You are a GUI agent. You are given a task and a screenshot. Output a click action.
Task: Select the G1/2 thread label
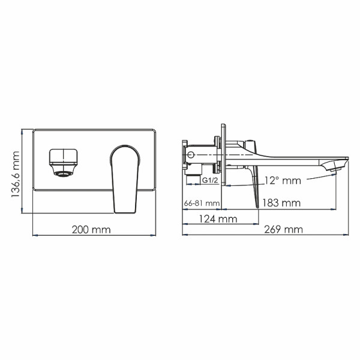pyautogui.click(x=209, y=180)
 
